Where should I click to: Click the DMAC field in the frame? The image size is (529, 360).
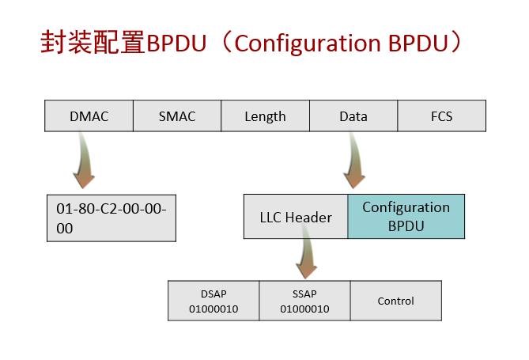pyautogui.click(x=89, y=116)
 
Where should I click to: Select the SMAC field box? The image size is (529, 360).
pyautogui.click(x=177, y=116)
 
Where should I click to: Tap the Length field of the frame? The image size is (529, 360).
pyautogui.click(x=265, y=116)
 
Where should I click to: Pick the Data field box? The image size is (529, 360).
pyautogui.click(x=353, y=116)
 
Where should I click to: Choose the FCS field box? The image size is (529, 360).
pyautogui.click(x=441, y=116)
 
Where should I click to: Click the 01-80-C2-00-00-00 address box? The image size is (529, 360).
pyautogui.click(x=111, y=218)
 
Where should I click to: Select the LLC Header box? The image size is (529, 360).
pyautogui.click(x=296, y=217)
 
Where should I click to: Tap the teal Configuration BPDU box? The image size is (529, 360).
pyautogui.click(x=406, y=216)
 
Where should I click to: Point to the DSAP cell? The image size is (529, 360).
pyautogui.click(x=213, y=300)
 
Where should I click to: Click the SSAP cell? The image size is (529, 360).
pyautogui.click(x=304, y=300)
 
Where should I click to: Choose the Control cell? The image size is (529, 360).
pyautogui.click(x=395, y=301)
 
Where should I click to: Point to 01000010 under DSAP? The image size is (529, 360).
pyautogui.click(x=213, y=308)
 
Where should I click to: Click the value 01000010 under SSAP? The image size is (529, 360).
pyautogui.click(x=304, y=308)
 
